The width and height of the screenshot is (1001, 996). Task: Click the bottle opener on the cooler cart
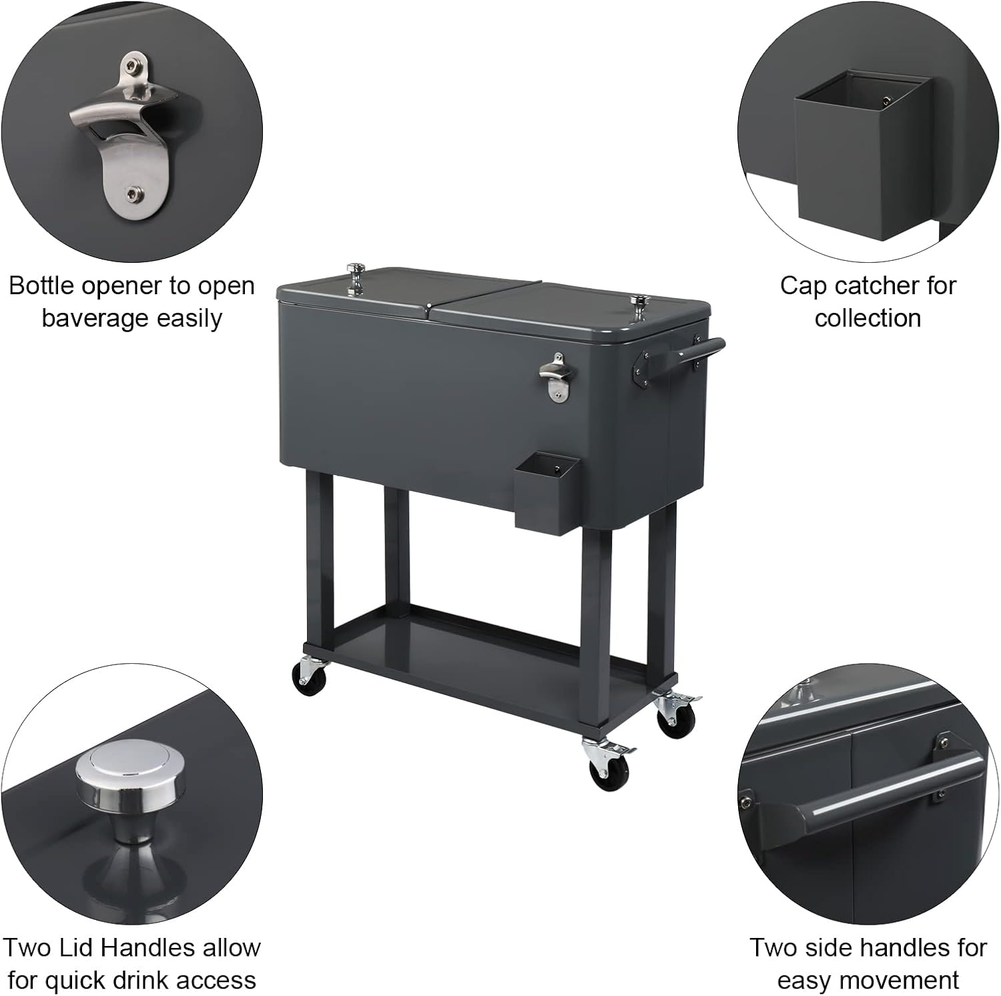coord(553,381)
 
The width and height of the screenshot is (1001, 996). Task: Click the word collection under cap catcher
coord(868,318)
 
